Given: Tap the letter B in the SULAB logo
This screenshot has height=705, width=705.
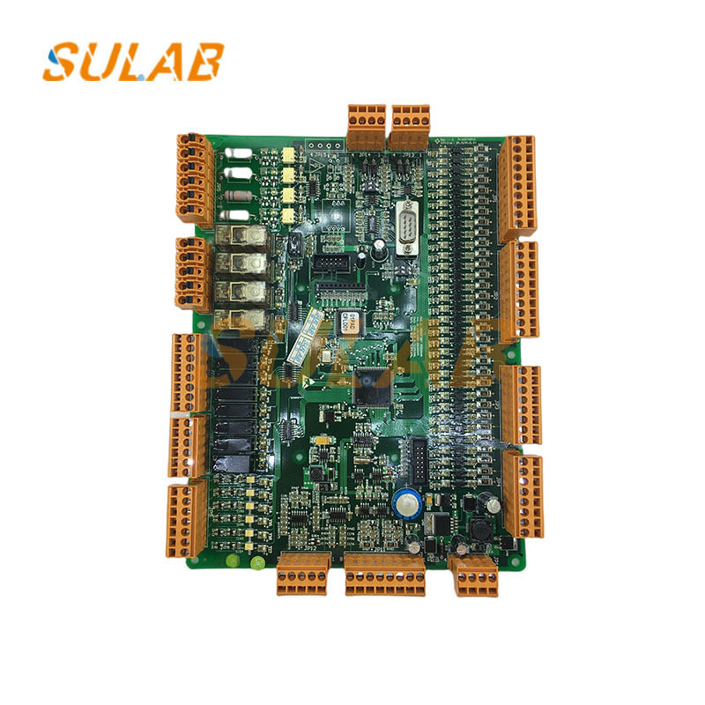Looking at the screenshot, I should click(204, 62).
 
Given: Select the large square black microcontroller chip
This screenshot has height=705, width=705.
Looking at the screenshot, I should click(369, 389).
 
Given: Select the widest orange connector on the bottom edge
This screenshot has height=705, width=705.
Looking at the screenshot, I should click(385, 575).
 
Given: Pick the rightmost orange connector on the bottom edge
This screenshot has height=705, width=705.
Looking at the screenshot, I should click(473, 575).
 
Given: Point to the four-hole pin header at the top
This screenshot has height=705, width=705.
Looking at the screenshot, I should click(323, 146).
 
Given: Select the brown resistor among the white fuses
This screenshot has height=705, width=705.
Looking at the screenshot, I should click(236, 196).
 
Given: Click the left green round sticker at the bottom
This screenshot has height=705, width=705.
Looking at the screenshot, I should click(232, 560).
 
